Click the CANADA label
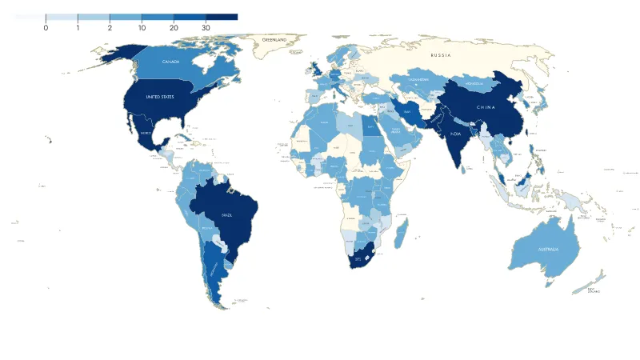point(170,62)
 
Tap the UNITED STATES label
point(159,97)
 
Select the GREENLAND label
point(276,39)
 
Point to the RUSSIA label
point(441,55)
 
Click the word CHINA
point(486,106)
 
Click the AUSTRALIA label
point(548,250)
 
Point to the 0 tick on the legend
point(46,28)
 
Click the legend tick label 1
point(78,28)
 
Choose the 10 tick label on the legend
point(142,28)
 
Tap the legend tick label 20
point(174,28)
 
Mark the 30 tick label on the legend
point(206,28)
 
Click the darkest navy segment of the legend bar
point(222,17)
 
